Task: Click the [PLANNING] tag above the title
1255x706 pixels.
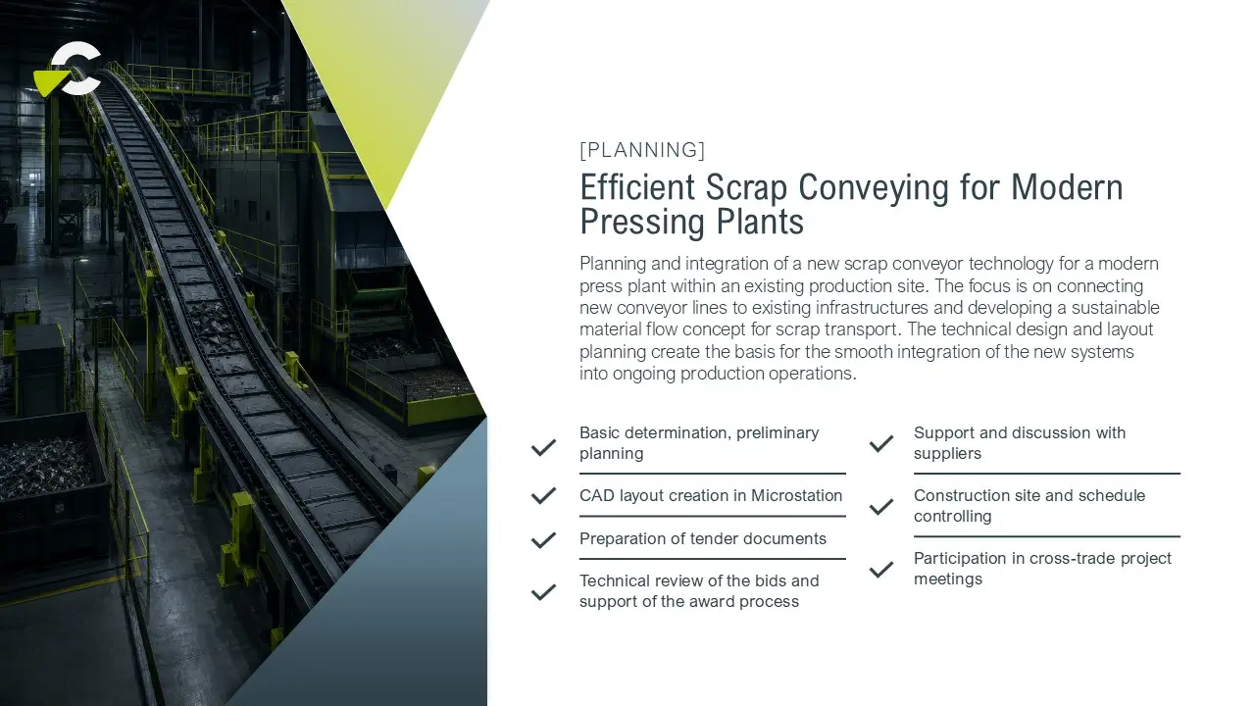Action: (x=642, y=150)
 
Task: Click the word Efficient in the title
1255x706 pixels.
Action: (x=637, y=187)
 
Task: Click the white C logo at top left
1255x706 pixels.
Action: (x=77, y=68)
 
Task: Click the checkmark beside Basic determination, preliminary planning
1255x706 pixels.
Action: (x=543, y=447)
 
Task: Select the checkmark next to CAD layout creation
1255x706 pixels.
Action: (x=543, y=495)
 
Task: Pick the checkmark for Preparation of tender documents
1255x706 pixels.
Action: (x=543, y=539)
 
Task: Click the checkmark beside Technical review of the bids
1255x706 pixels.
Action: (x=543, y=591)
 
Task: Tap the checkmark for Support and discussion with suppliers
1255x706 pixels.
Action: (x=881, y=444)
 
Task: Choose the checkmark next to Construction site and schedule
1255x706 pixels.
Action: (x=881, y=507)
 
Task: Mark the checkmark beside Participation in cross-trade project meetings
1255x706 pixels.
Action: (x=881, y=570)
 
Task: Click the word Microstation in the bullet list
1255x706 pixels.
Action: (x=796, y=495)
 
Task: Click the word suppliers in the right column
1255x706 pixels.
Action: (x=947, y=454)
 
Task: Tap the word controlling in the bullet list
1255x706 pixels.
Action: (x=952, y=517)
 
